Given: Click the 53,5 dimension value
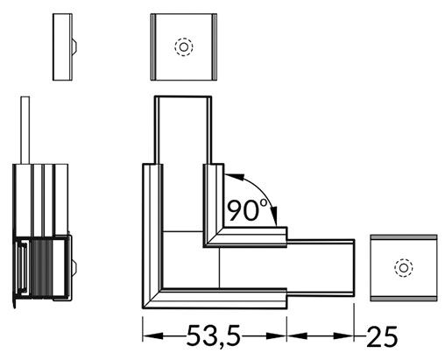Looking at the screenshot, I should coord(215,335).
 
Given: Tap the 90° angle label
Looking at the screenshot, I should coord(247,210).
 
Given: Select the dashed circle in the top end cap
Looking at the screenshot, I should coord(184,46).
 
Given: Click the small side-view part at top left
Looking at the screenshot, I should coord(62,46).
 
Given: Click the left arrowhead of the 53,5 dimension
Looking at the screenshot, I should coord(149,335).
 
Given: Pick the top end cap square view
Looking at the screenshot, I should coord(184,46).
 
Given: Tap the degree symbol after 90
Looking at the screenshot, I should coord(265,201).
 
